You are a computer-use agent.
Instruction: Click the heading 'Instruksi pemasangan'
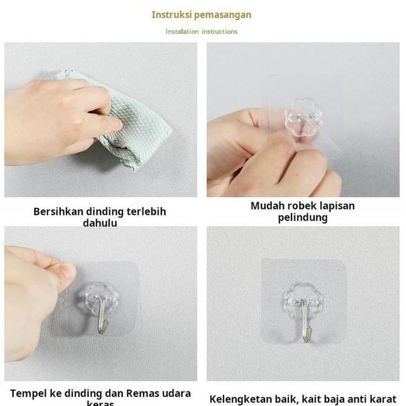[x=201, y=14]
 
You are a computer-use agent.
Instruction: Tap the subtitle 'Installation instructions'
[x=201, y=31]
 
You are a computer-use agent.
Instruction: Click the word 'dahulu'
[x=99, y=223]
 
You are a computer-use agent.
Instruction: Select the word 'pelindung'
[x=302, y=217]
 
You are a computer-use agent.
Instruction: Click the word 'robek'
[x=303, y=206]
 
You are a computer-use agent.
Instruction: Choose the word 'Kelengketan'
[x=243, y=399]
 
